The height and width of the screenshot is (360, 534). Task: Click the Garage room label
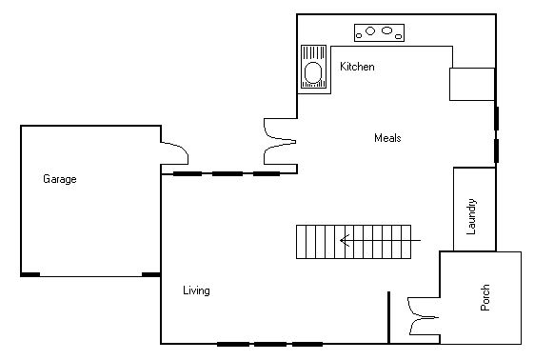59,178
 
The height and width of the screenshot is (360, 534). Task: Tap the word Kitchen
357,67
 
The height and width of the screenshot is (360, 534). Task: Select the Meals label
387,138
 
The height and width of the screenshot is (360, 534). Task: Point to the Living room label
196,290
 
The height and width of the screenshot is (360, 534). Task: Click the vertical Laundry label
472,216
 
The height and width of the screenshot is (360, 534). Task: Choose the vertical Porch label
485,298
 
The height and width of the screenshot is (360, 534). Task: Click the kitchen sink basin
312,72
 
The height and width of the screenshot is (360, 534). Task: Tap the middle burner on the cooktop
372,30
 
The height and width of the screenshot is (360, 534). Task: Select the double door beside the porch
420,317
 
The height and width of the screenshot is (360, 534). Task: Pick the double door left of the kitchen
279,138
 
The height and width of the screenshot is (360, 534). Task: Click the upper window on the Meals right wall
496,118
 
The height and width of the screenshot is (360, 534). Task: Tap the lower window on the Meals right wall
496,150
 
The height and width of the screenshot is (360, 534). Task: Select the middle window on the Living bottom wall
269,343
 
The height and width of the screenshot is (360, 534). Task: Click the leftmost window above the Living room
187,174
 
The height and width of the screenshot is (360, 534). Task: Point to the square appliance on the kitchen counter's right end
472,84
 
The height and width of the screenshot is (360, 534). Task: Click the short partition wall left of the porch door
388,317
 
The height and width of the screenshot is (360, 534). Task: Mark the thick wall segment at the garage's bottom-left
30,274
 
